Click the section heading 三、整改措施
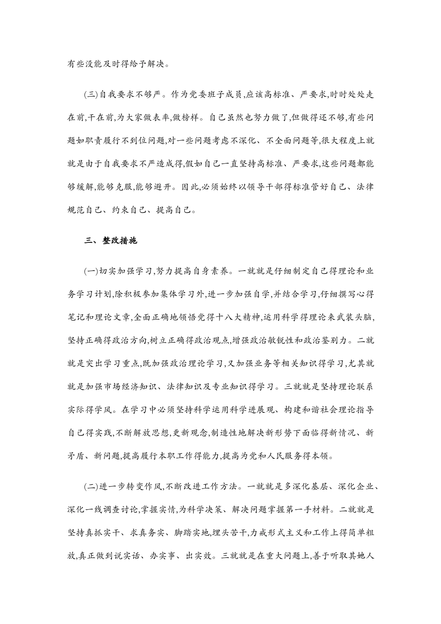[111, 241]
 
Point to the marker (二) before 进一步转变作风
[91, 487]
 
